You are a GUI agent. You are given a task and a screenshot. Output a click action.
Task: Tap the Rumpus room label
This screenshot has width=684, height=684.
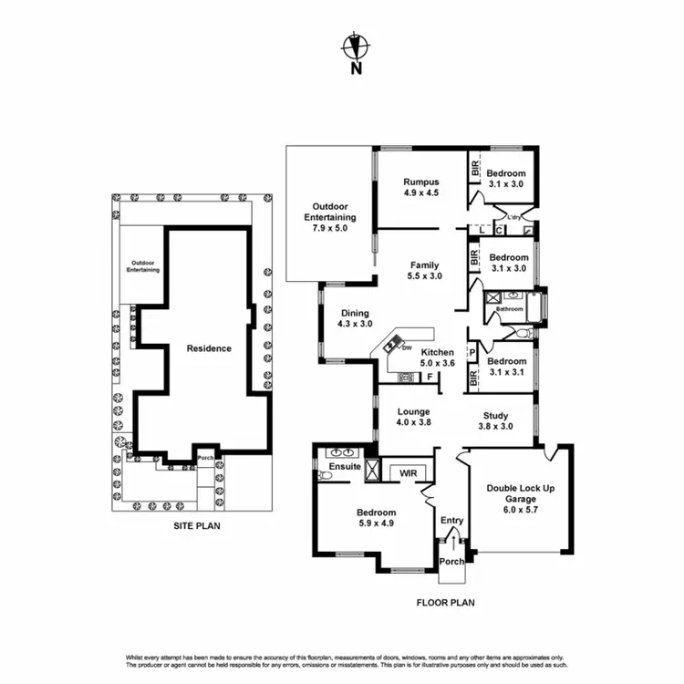[421, 186]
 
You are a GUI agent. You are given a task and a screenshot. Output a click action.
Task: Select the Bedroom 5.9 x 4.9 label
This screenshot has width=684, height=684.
[376, 518]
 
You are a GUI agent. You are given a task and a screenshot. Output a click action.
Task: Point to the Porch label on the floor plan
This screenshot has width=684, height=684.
[451, 562]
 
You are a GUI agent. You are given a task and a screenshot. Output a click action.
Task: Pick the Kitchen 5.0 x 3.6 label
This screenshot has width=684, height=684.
[437, 358]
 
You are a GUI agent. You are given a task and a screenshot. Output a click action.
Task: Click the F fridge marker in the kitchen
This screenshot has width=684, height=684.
[429, 376]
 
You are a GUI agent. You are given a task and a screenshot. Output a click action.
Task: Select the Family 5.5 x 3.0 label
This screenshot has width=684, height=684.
[425, 270]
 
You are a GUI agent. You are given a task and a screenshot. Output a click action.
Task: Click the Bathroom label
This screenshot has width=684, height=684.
[509, 309]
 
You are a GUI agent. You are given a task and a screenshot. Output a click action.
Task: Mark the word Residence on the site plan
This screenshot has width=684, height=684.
[209, 348]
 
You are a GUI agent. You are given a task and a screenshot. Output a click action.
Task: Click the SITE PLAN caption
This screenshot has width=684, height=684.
[197, 526]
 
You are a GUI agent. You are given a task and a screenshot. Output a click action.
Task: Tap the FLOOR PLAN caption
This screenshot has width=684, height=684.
[445, 602]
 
